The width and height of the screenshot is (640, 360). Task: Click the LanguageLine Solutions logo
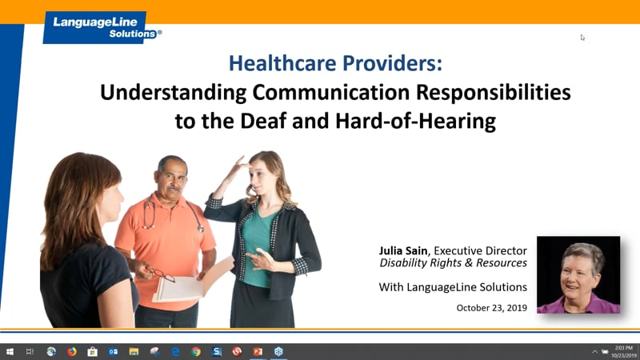click(102, 26)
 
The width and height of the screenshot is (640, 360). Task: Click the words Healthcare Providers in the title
click(335, 62)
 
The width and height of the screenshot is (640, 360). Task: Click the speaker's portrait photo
click(578, 274)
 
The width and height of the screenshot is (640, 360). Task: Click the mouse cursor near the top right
click(582, 37)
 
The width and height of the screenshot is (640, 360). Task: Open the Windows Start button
click(10, 351)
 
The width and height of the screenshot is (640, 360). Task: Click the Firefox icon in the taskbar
click(72, 351)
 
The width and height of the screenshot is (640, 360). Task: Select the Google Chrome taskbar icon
click(196, 351)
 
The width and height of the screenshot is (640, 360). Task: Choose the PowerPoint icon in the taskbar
click(258, 351)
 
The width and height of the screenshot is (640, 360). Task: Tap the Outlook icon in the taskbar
click(113, 351)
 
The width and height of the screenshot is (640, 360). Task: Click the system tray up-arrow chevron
click(594, 351)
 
